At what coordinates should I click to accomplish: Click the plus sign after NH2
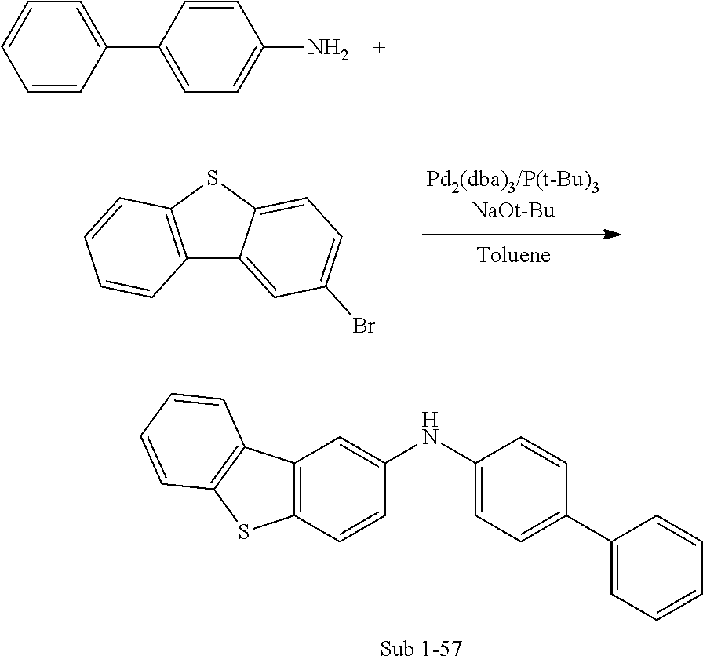[380, 48]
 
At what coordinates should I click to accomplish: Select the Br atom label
[362, 326]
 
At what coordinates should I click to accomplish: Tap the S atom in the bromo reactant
[209, 182]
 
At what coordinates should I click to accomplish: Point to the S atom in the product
[243, 533]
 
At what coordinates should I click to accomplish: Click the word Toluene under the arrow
[514, 255]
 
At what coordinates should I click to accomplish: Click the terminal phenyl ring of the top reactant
[53, 48]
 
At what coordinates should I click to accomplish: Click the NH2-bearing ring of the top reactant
[211, 48]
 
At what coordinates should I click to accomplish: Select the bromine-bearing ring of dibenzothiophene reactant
[294, 249]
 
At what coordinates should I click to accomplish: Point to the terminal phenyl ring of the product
[655, 568]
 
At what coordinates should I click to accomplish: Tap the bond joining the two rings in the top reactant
[133, 48]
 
